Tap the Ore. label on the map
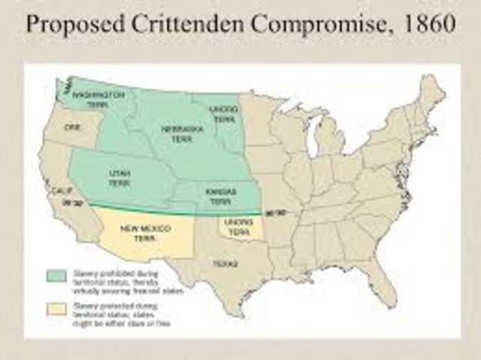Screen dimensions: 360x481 point(74,128)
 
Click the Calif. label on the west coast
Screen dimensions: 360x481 point(53,192)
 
